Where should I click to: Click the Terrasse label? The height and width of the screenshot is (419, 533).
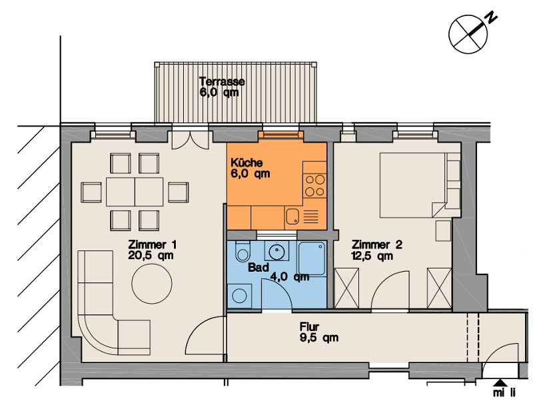point(222,81)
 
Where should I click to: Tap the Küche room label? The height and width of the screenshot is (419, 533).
point(247,163)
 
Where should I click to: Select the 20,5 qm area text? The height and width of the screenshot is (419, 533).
point(151,256)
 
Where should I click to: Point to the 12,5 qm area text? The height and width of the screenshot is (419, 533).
point(372,256)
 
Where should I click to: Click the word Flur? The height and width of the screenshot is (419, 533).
point(309,326)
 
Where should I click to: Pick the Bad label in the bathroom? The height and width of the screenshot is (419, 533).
point(259,267)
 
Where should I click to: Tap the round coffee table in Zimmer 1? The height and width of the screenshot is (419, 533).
point(152,284)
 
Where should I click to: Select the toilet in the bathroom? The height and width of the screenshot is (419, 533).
point(242,252)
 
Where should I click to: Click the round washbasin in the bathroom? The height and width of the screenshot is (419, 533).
point(276,252)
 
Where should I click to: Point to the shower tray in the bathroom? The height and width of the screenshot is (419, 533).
point(312,258)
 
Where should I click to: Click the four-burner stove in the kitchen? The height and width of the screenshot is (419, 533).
point(314,186)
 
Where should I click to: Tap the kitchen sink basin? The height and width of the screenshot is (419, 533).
point(292,216)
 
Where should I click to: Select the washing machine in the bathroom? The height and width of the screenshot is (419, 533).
point(240,296)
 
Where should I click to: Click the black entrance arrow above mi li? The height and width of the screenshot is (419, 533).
point(500,382)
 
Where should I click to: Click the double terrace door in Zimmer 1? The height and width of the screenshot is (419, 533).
point(191,140)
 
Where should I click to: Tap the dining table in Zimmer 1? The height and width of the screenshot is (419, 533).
point(135,192)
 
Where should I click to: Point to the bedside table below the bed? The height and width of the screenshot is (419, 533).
point(443,230)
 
